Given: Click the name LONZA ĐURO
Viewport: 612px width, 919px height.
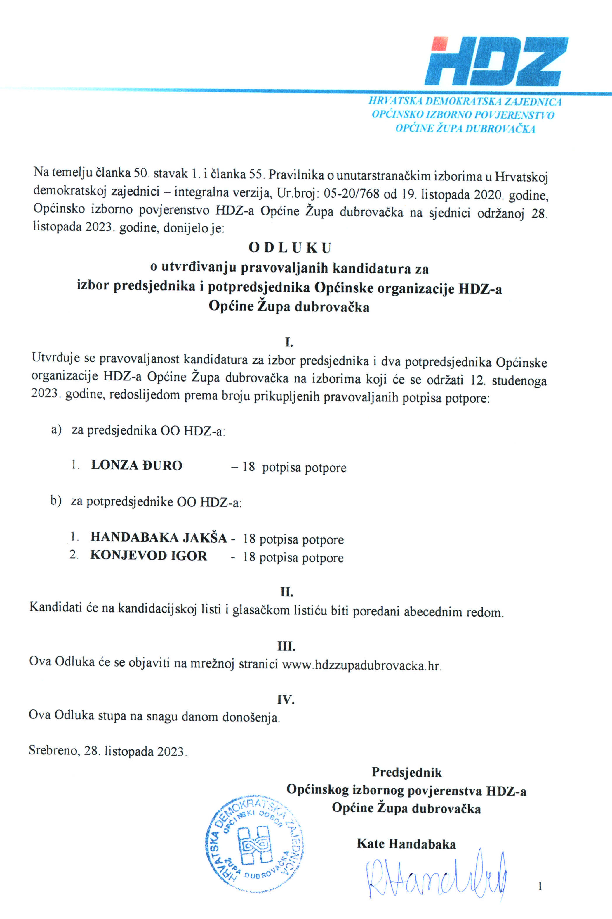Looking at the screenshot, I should pyautogui.click(x=137, y=465).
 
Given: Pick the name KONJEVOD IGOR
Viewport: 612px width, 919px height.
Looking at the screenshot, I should pyautogui.click(x=148, y=556).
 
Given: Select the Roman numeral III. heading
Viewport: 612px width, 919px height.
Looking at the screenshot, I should pyautogui.click(x=286, y=646).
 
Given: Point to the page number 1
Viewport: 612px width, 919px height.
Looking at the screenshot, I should pyautogui.click(x=540, y=887).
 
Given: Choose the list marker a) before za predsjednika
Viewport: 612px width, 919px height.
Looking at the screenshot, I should pyautogui.click(x=56, y=430).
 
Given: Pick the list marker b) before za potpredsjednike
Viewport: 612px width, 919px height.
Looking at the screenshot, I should pyautogui.click(x=56, y=501).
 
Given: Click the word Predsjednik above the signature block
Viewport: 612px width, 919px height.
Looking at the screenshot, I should pyautogui.click(x=407, y=772).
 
